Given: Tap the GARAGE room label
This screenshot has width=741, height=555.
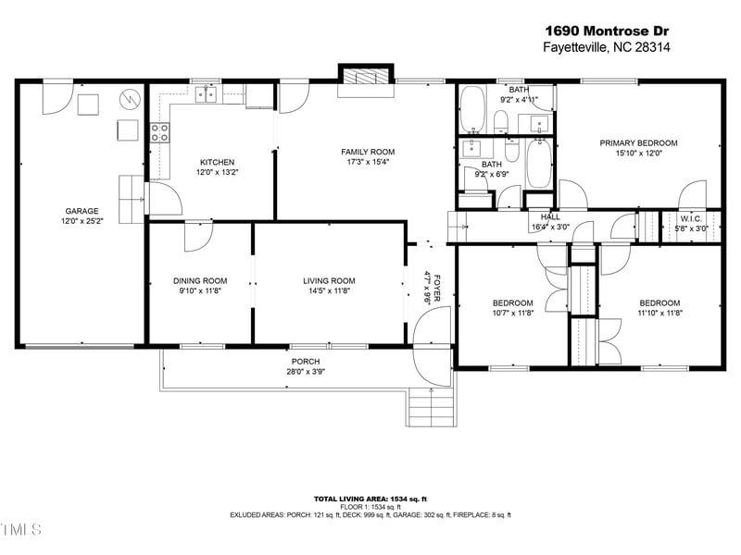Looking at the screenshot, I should point(82,211).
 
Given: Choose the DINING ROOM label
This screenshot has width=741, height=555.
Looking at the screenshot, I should point(200,281).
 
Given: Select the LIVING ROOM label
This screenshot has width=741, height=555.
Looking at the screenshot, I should point(329,281).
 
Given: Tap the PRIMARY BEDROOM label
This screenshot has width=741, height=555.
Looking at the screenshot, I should point(638,143).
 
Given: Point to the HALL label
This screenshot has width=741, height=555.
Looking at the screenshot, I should point(550,217).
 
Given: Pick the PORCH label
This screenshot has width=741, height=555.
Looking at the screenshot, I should point(306,362).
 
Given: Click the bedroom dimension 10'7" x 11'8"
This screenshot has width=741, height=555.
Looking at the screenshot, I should point(512,314).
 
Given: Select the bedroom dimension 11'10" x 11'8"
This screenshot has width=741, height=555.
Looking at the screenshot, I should point(659,314).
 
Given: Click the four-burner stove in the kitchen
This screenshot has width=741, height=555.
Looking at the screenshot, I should point(158,132).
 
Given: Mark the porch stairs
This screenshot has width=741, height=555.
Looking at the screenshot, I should point(432,404).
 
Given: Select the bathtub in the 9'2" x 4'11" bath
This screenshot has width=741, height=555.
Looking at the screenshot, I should point(472,109).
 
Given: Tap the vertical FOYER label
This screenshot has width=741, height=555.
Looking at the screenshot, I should point(428,287).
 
